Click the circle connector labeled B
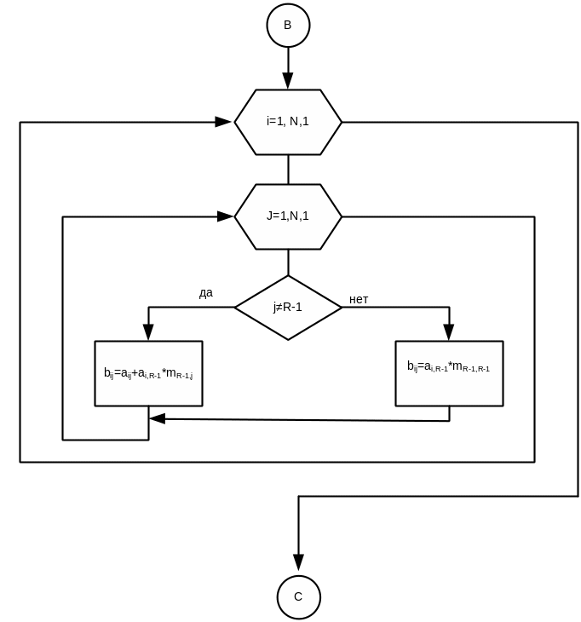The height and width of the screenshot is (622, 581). click(x=288, y=26)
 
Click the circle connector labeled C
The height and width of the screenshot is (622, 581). click(x=298, y=596)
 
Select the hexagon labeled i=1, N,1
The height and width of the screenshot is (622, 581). click(x=288, y=122)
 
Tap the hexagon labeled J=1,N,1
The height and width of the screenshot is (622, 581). click(x=288, y=216)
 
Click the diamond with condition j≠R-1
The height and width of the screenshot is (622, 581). click(x=288, y=308)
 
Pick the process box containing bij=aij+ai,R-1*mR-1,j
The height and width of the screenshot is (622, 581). click(x=149, y=373)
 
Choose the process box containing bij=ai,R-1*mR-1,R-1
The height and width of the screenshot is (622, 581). click(x=449, y=373)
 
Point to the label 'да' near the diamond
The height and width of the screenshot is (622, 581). click(x=206, y=294)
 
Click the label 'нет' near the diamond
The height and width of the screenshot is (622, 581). click(x=359, y=300)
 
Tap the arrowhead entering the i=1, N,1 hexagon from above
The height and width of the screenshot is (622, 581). click(x=288, y=81)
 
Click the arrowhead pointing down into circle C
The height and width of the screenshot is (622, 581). click(x=298, y=562)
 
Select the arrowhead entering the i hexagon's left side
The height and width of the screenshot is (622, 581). click(x=223, y=122)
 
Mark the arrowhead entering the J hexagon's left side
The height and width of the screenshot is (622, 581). click(x=224, y=216)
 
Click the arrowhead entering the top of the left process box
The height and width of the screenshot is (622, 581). click(x=149, y=333)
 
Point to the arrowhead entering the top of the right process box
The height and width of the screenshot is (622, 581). click(x=449, y=333)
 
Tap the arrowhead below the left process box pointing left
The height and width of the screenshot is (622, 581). click(x=158, y=418)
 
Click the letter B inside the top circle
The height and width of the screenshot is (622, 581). click(x=288, y=26)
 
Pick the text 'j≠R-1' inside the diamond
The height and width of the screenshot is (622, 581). click(x=288, y=308)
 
